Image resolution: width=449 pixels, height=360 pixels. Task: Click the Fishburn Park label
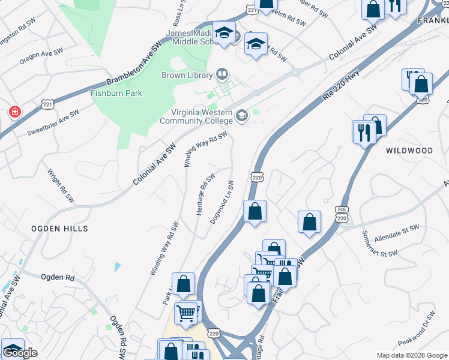point(116,93)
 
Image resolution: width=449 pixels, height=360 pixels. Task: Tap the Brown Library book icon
point(222,75)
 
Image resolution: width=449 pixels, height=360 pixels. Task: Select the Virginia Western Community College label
point(196,116)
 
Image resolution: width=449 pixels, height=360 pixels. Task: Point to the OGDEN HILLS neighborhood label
point(60,229)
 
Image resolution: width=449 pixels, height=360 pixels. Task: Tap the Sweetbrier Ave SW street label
point(53,122)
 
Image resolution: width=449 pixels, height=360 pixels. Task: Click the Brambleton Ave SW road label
point(134,64)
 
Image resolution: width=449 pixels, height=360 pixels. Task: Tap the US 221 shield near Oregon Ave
point(48,104)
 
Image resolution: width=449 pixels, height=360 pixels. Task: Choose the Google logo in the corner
point(20,353)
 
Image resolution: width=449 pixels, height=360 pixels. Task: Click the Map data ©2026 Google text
point(411,355)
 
